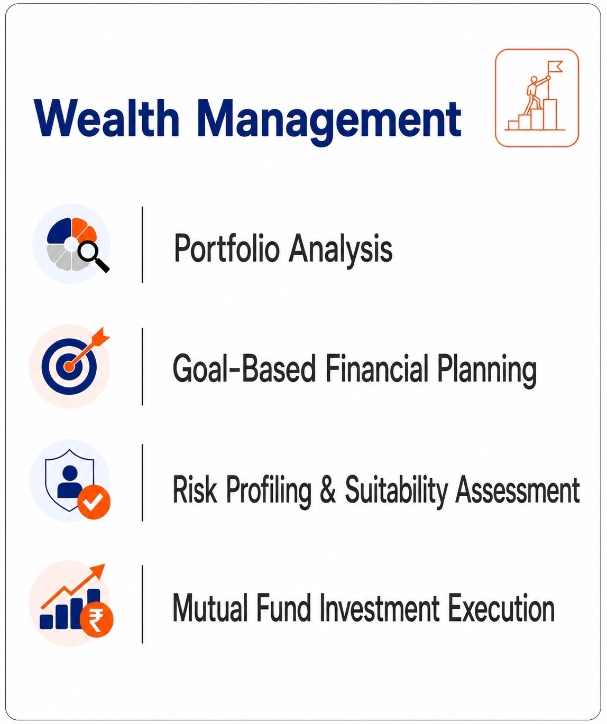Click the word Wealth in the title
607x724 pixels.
pyautogui.click(x=106, y=118)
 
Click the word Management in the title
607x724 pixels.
pyautogui.click(x=329, y=122)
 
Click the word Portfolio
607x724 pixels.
pyautogui.click(x=226, y=249)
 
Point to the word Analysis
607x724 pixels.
pyautogui.click(x=341, y=249)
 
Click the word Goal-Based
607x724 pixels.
pyautogui.click(x=244, y=368)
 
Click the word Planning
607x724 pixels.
pyautogui.click(x=486, y=370)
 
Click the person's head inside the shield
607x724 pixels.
pyautogui.click(x=70, y=472)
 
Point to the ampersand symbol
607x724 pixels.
pyautogui.click(x=328, y=489)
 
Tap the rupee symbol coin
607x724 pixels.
pyautogui.click(x=97, y=620)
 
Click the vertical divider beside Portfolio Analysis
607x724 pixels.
pyautogui.click(x=142, y=245)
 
